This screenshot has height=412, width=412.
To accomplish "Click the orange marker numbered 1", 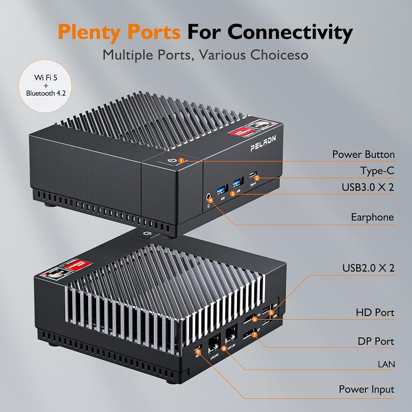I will point(181,160).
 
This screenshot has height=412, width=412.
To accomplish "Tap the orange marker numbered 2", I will point(257,178).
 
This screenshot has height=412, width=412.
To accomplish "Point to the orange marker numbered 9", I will point(198,351).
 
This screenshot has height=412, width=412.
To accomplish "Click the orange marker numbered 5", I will point(271,312).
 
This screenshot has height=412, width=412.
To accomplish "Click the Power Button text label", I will point(363,154).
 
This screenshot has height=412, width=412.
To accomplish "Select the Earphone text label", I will point(372,217).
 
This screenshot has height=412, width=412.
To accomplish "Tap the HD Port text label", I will point(375,312).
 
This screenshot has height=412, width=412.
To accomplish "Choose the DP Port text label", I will point(375,341).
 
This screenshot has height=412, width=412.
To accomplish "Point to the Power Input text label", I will point(366,389).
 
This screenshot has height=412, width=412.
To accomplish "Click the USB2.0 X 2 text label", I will point(368,268).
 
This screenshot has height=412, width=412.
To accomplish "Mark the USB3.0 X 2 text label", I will point(368,187).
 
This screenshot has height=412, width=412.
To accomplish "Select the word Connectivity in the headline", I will point(290,32).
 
